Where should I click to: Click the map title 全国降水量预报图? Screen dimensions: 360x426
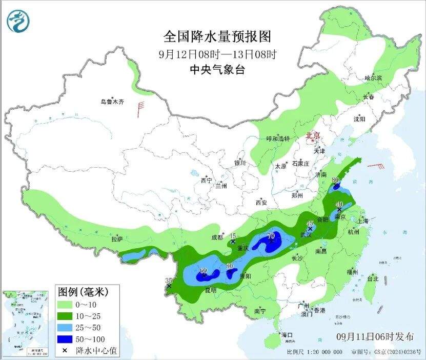pos(217,37)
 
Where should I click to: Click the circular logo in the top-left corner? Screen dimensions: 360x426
pos(18,21)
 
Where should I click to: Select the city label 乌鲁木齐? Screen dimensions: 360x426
pos(112,102)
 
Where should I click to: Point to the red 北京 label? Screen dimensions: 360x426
pos(313,135)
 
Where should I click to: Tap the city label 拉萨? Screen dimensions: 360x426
pos(117,239)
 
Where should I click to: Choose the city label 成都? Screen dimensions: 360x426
pos(217,237)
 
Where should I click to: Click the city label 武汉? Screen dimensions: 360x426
pos(306,235)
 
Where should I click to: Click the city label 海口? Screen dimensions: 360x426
pos(287,335)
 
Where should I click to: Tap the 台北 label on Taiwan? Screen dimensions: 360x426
pos(373,279)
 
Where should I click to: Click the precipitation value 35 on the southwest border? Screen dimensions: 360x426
pos(168,280)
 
